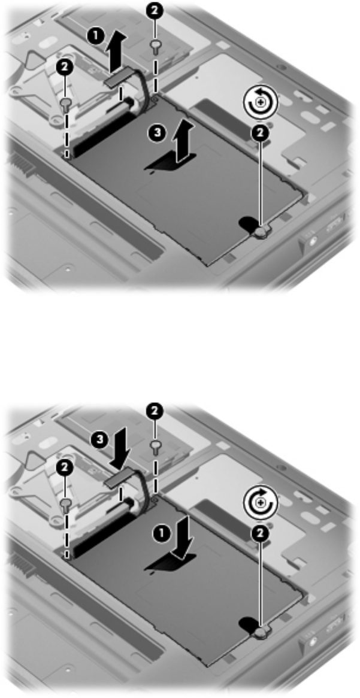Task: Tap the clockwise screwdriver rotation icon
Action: point(260,501)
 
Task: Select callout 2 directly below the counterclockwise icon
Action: point(260,132)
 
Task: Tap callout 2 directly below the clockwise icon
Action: point(260,533)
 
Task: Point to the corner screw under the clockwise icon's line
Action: point(260,631)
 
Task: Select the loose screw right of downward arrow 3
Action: point(156,445)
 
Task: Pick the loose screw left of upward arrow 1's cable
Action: point(66,104)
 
